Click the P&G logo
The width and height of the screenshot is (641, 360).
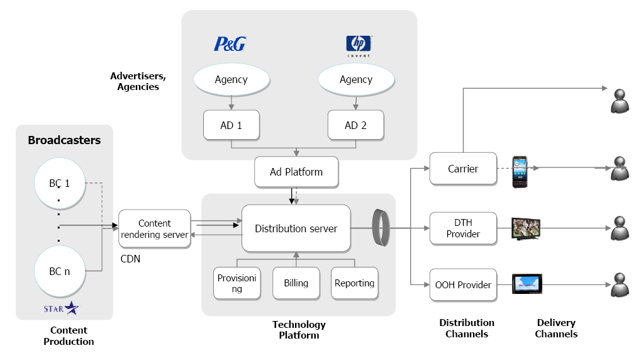[230, 44]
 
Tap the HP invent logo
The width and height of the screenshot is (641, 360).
[359, 44]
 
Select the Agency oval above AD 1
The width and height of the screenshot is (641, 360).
[231, 79]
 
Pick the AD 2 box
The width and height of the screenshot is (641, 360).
[355, 125]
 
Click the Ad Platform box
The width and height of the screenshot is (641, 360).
[296, 172]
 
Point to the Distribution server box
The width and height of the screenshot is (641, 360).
[296, 228]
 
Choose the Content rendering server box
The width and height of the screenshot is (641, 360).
[155, 228]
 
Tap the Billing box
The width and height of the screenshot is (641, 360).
[296, 283]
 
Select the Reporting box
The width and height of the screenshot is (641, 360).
[355, 283]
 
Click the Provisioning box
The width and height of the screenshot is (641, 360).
[237, 283]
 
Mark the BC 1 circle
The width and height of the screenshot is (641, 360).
[60, 183]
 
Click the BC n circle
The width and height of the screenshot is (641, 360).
[60, 271]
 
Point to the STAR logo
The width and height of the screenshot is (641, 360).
[62, 308]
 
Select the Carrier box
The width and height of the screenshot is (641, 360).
[463, 169]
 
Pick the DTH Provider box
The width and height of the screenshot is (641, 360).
[463, 228]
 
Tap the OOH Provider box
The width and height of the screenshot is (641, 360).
[463, 284]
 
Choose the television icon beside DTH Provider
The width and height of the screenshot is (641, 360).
[527, 228]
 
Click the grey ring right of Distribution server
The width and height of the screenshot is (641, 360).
[381, 228]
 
